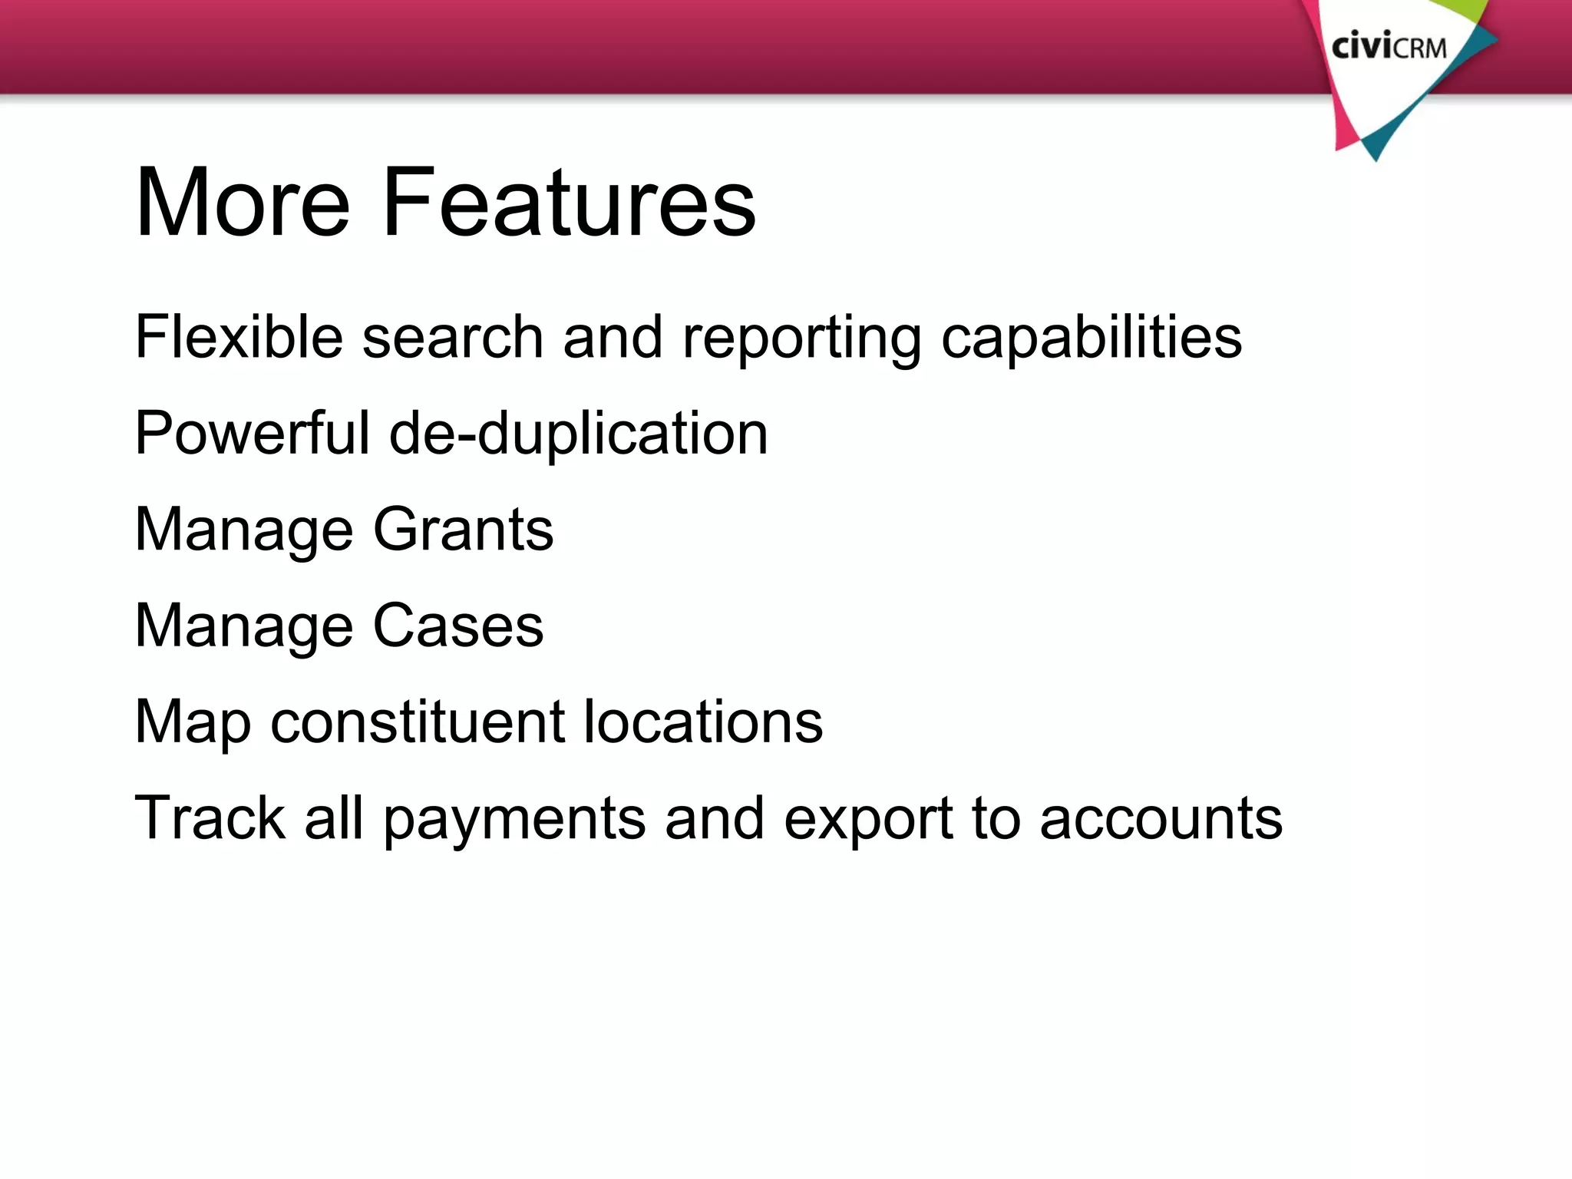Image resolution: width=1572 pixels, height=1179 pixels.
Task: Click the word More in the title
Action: (x=243, y=203)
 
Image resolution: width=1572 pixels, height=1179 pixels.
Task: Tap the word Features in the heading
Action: (x=569, y=203)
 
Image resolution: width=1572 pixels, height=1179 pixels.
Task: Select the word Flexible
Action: (x=239, y=337)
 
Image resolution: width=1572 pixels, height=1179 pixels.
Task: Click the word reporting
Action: (x=801, y=339)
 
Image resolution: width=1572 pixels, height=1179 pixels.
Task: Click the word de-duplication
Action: (x=578, y=434)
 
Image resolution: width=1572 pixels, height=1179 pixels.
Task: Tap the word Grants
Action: (x=463, y=530)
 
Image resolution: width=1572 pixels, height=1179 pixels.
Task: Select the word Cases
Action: (x=458, y=626)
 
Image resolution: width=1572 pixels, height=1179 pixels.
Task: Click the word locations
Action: (x=702, y=722)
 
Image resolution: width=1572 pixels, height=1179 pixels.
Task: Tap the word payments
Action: (x=514, y=819)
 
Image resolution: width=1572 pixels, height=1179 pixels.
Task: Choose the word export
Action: (x=868, y=819)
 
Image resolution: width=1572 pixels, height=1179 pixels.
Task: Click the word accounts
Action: (x=1161, y=818)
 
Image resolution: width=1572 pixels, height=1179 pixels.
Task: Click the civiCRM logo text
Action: (x=1389, y=48)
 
